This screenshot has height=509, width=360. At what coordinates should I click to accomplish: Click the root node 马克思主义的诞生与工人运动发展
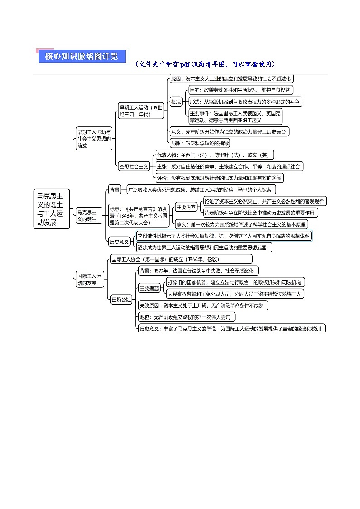coord(52,209)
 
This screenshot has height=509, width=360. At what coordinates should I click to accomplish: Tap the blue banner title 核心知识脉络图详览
coord(82,57)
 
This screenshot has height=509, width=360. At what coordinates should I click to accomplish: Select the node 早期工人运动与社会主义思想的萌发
coord(94,139)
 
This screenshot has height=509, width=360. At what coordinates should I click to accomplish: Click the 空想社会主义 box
coord(134,166)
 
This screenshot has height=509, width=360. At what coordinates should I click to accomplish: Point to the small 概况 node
coord(176,102)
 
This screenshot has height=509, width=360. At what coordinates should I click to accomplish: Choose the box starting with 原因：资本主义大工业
coord(231,78)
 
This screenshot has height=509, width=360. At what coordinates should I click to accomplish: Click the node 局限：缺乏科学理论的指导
coord(200,143)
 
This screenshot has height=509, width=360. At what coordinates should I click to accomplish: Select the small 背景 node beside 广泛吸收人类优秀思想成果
coord(114,189)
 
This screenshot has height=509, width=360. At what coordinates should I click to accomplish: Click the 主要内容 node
coord(186,207)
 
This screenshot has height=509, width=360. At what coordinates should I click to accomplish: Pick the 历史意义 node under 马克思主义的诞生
coord(119,242)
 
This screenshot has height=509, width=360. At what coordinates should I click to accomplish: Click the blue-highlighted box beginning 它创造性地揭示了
coord(224,236)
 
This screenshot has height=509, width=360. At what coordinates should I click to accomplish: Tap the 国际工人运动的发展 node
coord(89,280)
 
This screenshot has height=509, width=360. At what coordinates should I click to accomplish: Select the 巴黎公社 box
coord(121,300)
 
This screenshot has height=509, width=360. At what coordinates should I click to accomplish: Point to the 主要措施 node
coord(149,288)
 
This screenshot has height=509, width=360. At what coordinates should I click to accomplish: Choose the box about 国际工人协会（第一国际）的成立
coord(181,259)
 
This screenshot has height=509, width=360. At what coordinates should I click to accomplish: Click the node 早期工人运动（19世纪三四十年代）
coord(141,111)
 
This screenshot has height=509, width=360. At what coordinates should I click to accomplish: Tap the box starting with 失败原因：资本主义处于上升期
coord(203,305)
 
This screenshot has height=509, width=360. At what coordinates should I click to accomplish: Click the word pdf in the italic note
coord(185,64)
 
